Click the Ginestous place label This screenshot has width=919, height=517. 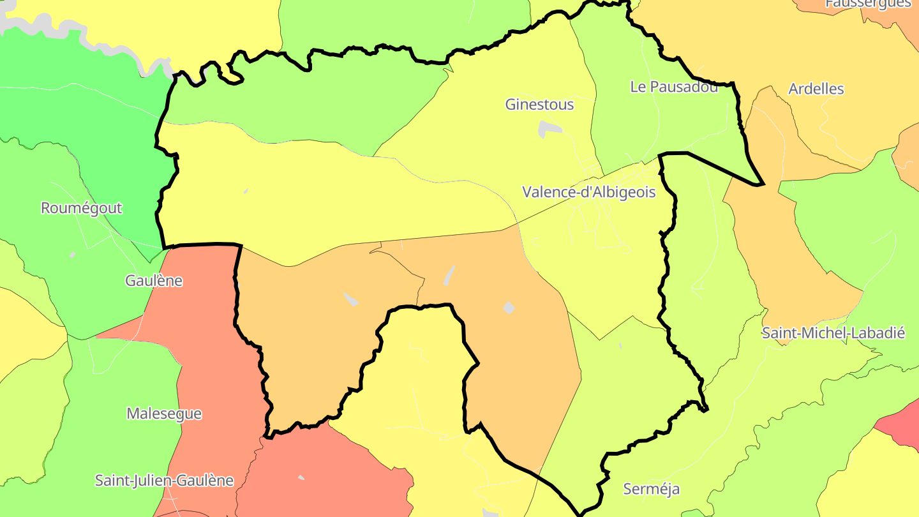539,105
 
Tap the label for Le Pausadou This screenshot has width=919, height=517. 673,87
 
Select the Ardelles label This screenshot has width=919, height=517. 816,89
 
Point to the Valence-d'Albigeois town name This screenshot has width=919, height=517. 588,192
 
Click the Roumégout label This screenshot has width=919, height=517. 81,208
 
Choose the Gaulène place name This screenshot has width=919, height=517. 154,281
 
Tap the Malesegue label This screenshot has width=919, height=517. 164,414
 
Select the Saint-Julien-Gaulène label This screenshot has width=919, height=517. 164,481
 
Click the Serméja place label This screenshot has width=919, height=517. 651,490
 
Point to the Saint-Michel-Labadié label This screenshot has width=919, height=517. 833,333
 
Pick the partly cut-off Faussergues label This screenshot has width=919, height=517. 868,4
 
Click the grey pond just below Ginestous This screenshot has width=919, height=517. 550,129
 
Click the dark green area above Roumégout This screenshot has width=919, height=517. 83,115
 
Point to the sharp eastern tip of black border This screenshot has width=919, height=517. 762,184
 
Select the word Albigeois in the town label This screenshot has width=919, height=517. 625,192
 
